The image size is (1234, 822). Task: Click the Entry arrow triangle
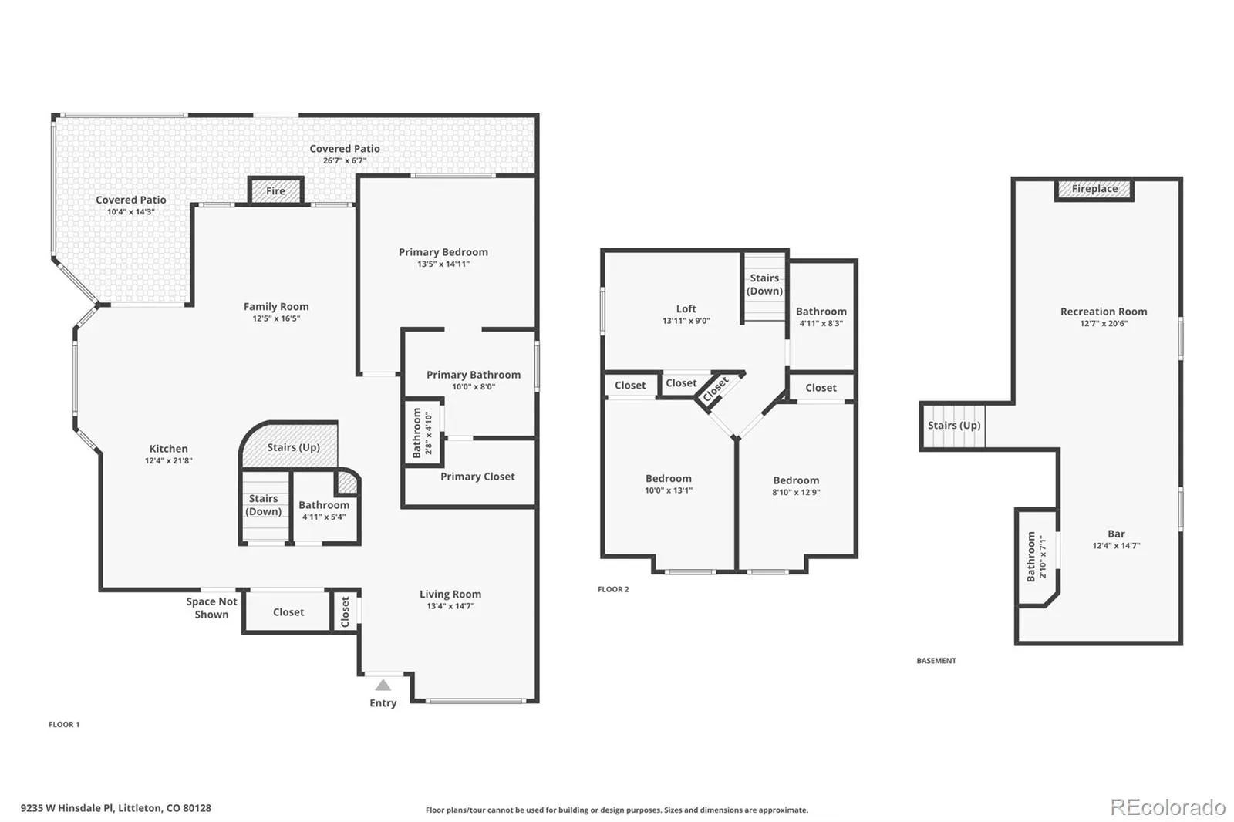point(383,686)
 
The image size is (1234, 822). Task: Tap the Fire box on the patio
point(275,190)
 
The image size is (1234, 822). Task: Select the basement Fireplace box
point(1094,189)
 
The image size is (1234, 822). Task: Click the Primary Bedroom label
point(443,252)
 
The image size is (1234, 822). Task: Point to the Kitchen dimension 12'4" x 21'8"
point(169,460)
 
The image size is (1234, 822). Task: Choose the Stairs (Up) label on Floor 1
point(294,447)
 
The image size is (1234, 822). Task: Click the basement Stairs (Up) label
point(954,426)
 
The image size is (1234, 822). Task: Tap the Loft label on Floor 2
point(686,308)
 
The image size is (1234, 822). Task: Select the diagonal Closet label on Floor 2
point(716,389)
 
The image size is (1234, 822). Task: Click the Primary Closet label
point(477,477)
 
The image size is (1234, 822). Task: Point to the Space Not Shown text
point(211,608)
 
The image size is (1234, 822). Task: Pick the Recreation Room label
point(1104,312)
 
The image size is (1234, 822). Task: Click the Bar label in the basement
point(1116,534)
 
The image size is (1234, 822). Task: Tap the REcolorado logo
point(1168,807)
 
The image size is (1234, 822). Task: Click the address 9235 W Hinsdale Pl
point(68,808)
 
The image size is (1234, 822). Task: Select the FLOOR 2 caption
point(613,589)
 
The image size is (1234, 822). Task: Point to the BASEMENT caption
point(936,661)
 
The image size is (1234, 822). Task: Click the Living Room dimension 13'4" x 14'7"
point(450,606)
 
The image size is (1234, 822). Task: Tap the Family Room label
point(276,306)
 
